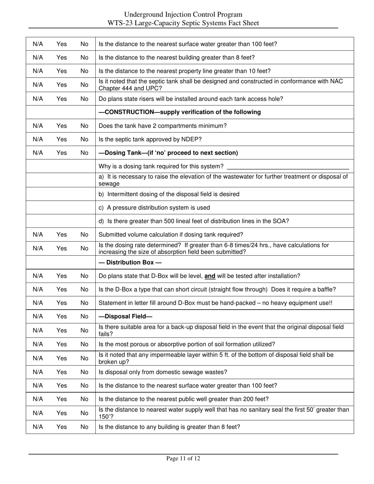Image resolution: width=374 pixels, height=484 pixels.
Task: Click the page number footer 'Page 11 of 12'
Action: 183,458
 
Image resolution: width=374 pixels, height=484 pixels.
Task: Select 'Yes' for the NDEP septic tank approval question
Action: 61,139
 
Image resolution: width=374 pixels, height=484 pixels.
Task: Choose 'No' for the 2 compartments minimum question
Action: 84,126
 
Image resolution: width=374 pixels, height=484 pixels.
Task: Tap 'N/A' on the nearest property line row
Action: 38,71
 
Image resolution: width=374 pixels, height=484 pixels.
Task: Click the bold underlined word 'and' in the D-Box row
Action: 210,276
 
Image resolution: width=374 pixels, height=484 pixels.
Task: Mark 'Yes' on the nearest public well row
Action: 61,399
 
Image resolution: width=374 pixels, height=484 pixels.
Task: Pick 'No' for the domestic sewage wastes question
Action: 84,372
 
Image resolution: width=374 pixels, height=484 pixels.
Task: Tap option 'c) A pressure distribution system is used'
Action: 154,207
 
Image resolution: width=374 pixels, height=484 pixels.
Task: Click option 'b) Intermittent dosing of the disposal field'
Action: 169,194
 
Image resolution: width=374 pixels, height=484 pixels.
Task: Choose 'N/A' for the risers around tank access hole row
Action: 38,99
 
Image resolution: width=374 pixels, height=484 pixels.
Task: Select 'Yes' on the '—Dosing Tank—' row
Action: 61,153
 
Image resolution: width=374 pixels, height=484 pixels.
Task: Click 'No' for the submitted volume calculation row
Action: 84,235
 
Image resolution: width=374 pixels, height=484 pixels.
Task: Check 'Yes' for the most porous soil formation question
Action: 61,344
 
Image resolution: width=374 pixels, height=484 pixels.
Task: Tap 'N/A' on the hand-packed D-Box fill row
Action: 38,303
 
